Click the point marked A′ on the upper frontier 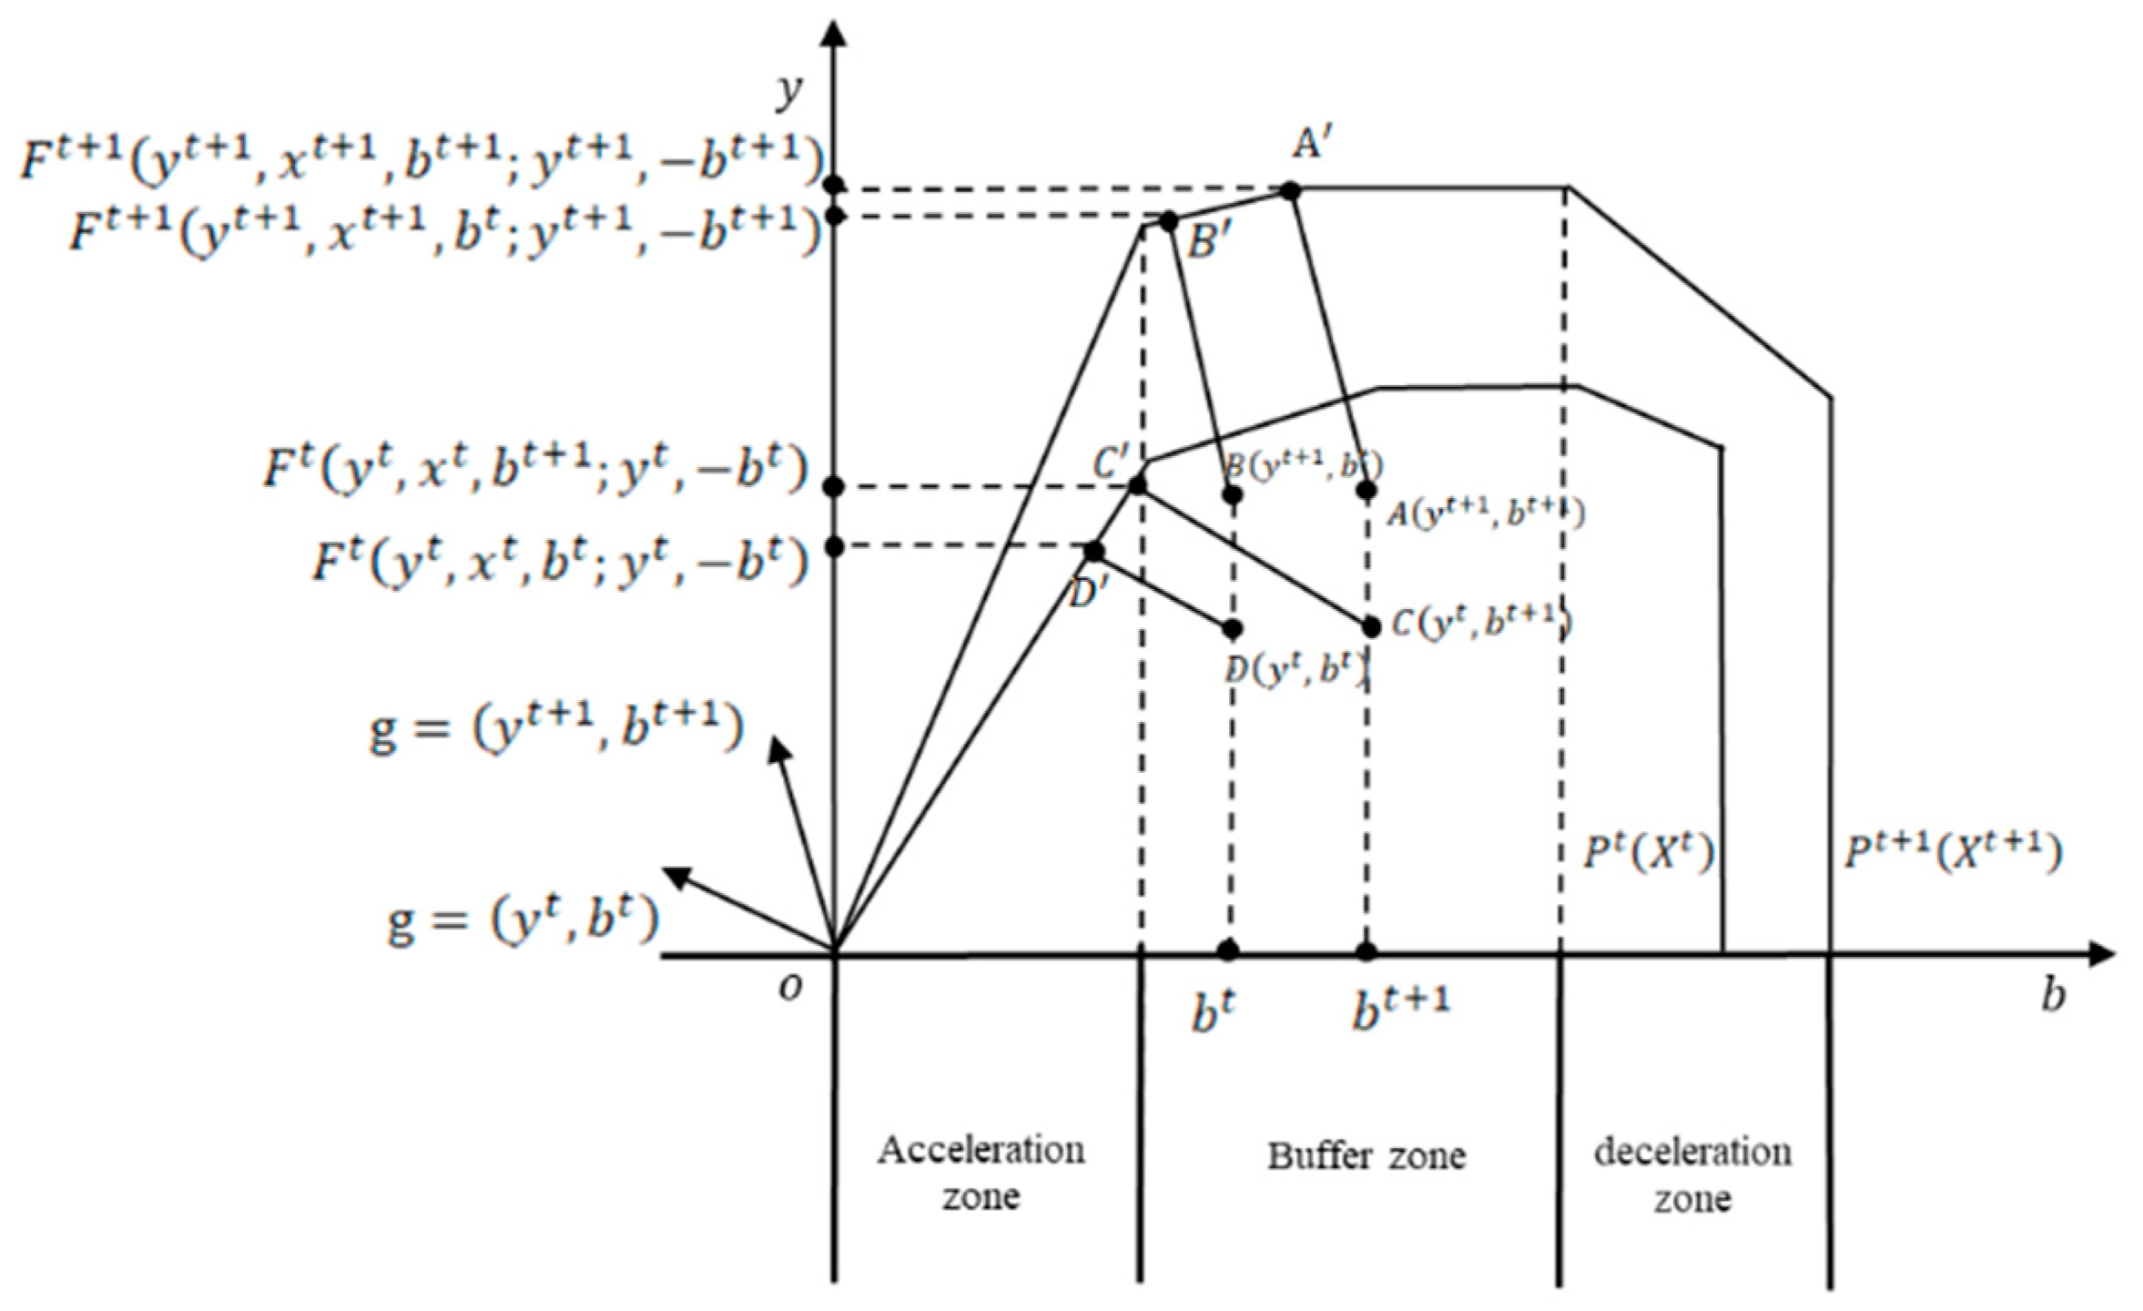coord(1289,190)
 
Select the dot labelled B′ coord(1169,221)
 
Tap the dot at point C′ coord(1137,485)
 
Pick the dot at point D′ coord(1094,551)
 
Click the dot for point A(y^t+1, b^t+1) coord(1366,491)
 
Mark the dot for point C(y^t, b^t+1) coord(1371,626)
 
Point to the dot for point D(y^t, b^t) coord(1233,628)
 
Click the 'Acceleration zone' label coord(980,1173)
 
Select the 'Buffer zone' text coord(1366,1156)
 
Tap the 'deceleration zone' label coord(1692,1174)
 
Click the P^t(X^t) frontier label coord(1648,853)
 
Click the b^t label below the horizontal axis coord(1214,1011)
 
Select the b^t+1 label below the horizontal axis coord(1400,1008)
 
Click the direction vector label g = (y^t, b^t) coord(522,921)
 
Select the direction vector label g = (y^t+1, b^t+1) coord(555,728)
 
